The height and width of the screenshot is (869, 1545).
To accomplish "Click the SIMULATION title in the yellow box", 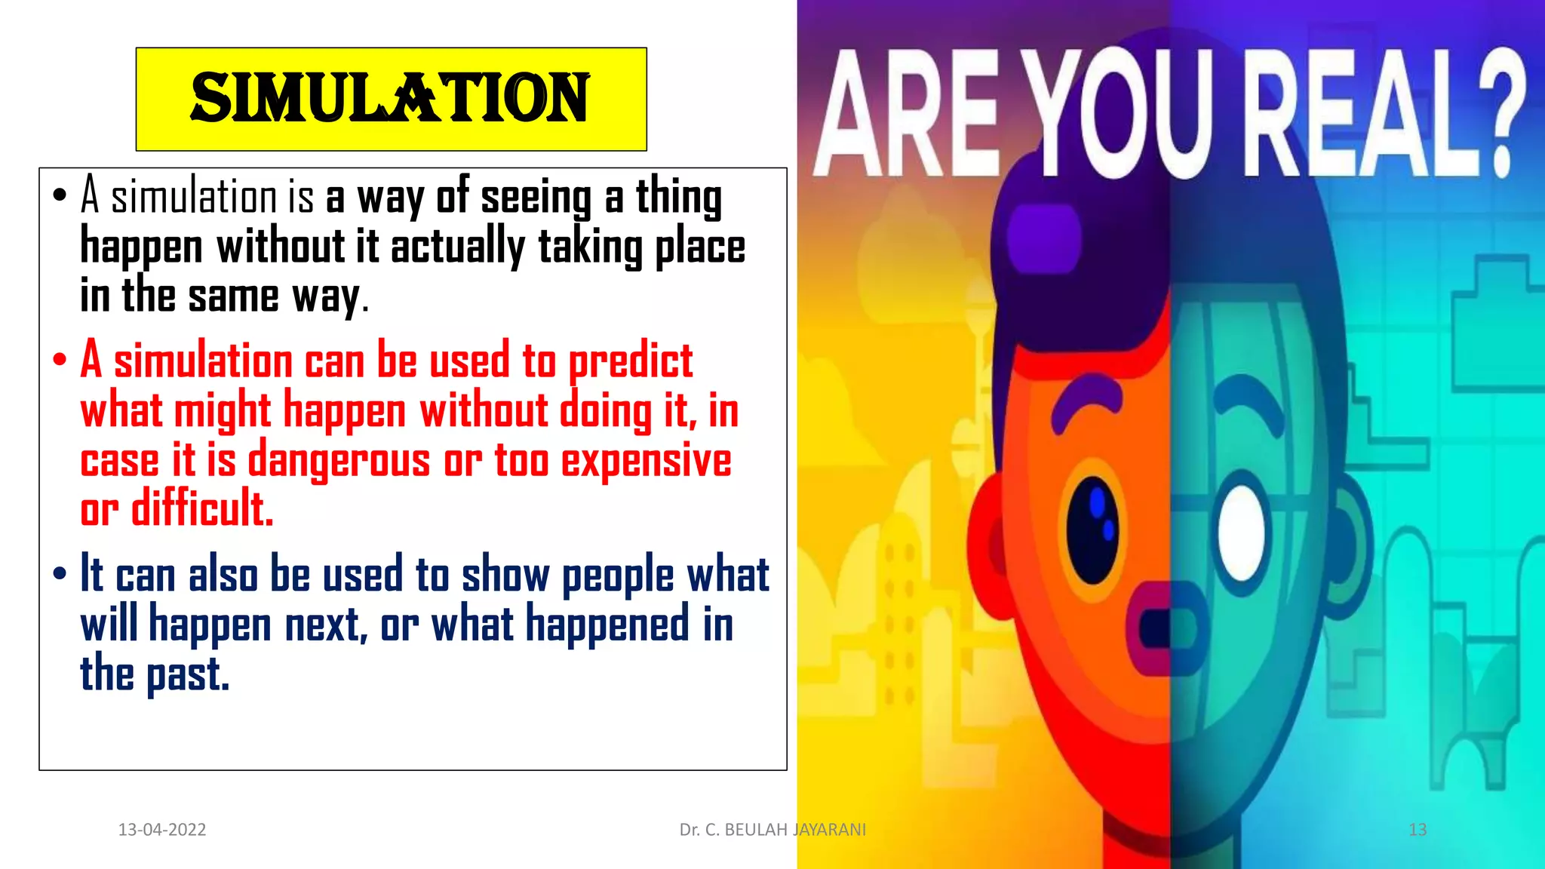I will coord(390,99).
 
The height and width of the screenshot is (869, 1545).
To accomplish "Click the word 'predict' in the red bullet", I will coord(630,362).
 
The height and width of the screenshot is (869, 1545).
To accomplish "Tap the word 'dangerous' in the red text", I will coord(339,460).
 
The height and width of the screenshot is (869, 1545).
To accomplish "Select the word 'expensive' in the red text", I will coord(646,460).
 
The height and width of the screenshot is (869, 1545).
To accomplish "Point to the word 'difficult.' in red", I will coord(202,508).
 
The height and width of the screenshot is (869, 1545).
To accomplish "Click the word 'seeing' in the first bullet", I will coord(536,198).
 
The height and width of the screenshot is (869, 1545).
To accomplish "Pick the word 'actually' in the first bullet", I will coord(457,247).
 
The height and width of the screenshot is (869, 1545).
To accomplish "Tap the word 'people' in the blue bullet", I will coord(618,576).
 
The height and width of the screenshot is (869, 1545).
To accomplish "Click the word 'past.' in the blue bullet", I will coord(188,674).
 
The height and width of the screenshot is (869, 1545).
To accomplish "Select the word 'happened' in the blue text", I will coord(607,625).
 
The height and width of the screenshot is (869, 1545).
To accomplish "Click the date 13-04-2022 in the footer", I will coord(162,830).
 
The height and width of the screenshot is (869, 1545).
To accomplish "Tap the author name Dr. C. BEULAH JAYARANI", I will coord(772,830).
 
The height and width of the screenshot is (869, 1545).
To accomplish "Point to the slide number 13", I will coord(1418,830).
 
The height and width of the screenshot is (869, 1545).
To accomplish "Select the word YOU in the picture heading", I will coord(1124,113).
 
